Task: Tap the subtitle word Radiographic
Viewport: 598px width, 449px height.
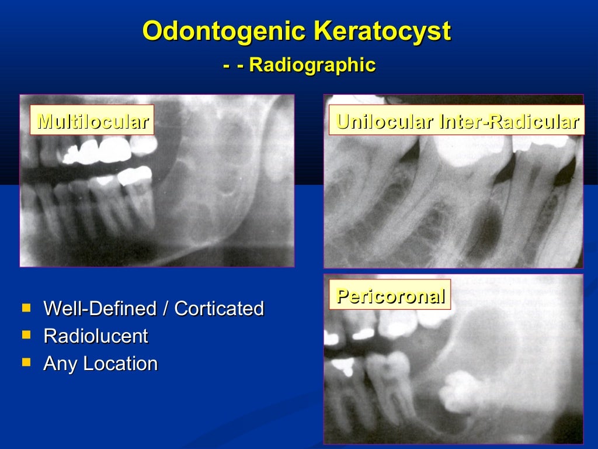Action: [x=312, y=65]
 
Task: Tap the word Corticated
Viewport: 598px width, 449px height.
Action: [x=219, y=308]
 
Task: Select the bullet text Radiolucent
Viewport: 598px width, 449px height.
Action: [x=95, y=336]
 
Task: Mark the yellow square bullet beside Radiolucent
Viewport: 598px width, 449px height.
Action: [x=26, y=335]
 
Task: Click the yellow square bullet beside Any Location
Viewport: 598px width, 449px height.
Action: [x=26, y=362]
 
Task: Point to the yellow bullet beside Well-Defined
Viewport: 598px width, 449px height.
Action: [x=26, y=307]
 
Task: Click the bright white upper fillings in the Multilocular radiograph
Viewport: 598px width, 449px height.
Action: [x=96, y=151]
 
